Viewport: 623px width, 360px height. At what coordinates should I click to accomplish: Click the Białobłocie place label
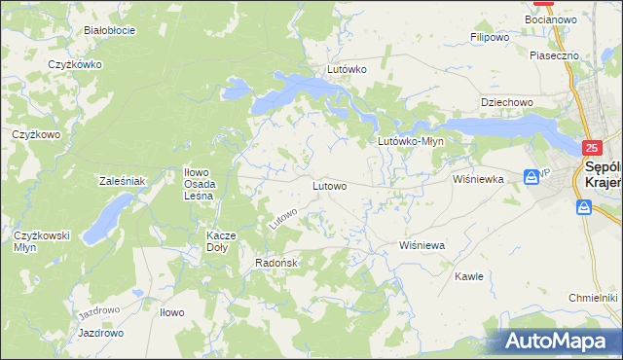click(109, 30)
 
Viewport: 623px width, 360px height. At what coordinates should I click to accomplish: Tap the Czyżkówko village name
click(75, 64)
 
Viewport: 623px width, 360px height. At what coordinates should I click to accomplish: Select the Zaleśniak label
click(123, 181)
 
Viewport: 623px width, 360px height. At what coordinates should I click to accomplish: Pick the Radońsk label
click(275, 263)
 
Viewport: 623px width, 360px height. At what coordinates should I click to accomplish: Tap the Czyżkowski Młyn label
click(40, 241)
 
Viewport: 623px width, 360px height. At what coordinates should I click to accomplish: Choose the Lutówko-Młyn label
click(411, 141)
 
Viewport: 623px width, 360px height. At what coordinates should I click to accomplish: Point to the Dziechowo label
click(507, 102)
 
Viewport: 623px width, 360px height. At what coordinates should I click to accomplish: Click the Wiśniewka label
click(477, 180)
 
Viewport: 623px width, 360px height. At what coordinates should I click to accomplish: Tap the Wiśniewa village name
click(422, 246)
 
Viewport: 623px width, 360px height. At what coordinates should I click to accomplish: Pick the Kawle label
click(468, 276)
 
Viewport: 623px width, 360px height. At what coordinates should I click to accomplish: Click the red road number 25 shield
click(592, 148)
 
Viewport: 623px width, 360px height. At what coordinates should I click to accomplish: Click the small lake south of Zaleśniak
click(107, 218)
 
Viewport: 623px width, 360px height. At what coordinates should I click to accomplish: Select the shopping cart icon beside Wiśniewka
click(531, 177)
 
